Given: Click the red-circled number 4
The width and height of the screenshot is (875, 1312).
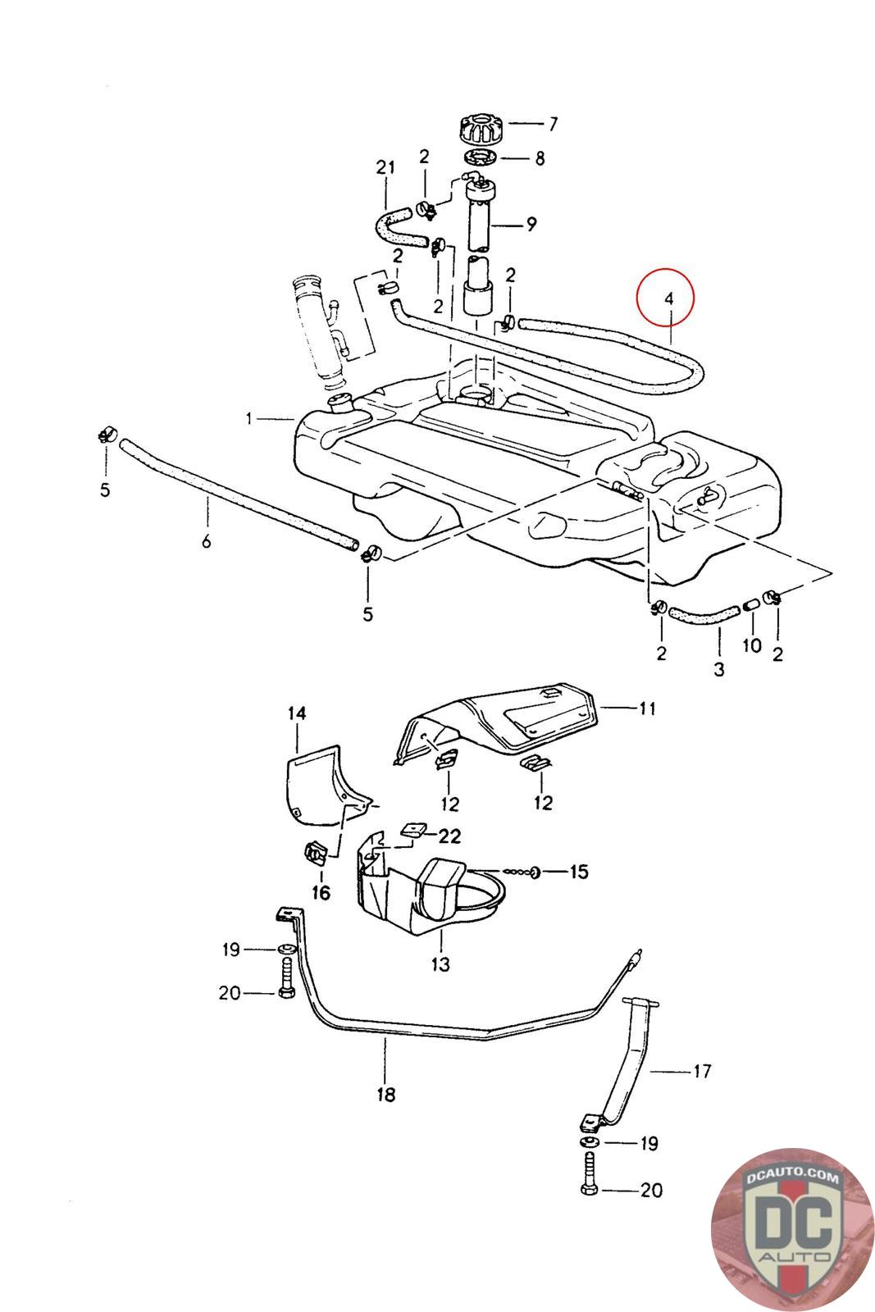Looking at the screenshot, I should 668,299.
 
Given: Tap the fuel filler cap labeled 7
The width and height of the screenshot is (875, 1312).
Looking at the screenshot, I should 481,130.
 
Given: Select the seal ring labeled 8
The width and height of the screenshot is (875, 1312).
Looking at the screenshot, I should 480,157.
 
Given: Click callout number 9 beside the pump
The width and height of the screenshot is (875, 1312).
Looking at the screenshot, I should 531,223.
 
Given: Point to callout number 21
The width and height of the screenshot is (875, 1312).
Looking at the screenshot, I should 385,167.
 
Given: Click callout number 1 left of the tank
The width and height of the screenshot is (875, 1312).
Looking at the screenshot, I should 248,419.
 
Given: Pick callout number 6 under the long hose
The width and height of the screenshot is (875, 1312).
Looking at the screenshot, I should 207,541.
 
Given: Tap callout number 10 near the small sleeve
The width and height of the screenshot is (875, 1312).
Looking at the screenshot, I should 752,645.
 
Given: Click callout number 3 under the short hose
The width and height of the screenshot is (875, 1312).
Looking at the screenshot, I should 718,669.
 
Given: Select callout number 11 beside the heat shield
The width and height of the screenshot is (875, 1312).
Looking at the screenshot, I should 648,707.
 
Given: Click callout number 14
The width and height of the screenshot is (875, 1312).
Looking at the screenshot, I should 296,713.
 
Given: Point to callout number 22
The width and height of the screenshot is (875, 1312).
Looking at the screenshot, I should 449,836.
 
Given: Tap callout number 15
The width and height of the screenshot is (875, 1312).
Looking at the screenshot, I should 579,871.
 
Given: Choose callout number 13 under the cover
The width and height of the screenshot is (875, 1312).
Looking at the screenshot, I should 440,964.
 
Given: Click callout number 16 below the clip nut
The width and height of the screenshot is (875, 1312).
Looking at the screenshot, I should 321,892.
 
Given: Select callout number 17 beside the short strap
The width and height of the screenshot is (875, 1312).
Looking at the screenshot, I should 702,1070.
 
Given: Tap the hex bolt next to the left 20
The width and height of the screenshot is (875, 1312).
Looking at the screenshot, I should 286,982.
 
